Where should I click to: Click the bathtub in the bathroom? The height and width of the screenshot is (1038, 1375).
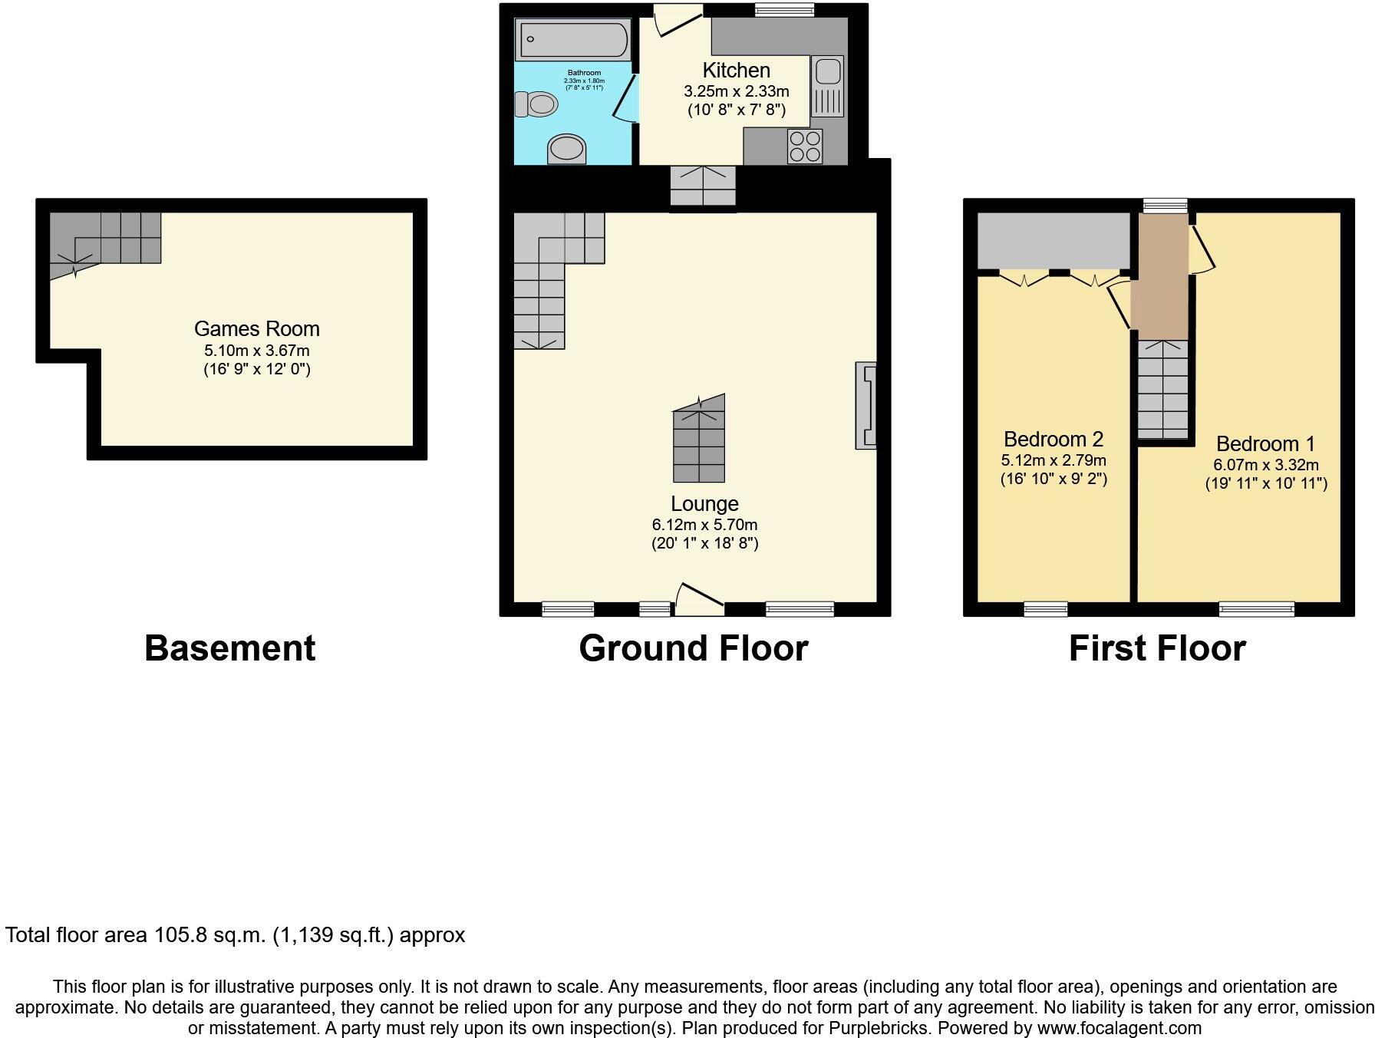[572, 40]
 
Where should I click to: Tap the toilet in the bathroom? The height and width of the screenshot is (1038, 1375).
[536, 104]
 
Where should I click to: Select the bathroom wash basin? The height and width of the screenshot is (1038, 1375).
[567, 148]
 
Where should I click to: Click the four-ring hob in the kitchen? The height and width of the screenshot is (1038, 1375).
[805, 147]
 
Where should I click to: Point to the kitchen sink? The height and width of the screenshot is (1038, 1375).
[827, 73]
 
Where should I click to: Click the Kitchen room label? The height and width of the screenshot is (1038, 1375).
[736, 71]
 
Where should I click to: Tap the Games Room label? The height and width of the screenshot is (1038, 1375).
[256, 329]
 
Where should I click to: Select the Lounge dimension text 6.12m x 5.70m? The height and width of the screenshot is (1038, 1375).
[704, 525]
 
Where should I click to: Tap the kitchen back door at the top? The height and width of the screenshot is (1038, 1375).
[678, 20]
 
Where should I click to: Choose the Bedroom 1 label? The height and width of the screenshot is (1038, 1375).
[1265, 444]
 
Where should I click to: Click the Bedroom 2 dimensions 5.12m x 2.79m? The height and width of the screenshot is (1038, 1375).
[1053, 460]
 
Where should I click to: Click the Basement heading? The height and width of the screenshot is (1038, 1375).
[229, 648]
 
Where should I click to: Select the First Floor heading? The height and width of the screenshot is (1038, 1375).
[1156, 648]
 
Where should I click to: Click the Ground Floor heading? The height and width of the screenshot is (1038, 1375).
[693, 648]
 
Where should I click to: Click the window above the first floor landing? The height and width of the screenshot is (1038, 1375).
[1164, 205]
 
